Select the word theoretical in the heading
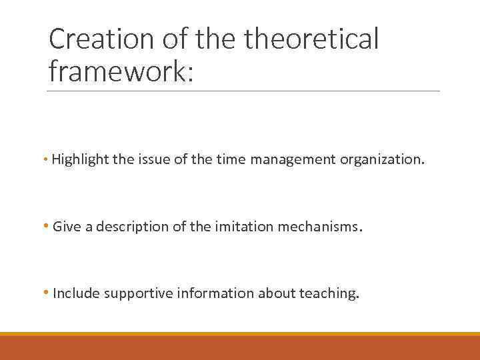click(311, 40)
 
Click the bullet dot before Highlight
click(46, 160)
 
